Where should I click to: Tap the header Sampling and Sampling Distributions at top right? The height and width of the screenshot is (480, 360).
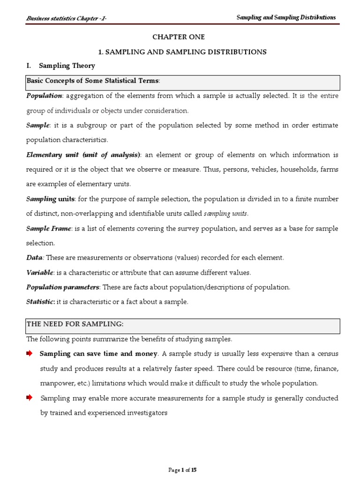[x=286, y=17]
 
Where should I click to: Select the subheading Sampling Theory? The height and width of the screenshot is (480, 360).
[x=67, y=66]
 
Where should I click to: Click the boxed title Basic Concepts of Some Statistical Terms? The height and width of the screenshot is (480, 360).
[x=93, y=81]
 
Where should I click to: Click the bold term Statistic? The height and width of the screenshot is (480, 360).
[x=41, y=302]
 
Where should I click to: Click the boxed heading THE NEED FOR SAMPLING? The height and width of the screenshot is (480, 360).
[x=75, y=324]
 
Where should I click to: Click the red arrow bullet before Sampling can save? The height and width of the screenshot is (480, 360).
[x=30, y=353]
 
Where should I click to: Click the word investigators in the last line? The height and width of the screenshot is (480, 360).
[x=144, y=413]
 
